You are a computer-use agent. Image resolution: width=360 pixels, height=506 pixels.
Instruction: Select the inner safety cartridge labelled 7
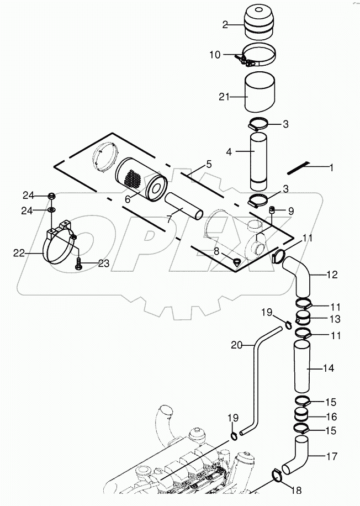coord(184,207)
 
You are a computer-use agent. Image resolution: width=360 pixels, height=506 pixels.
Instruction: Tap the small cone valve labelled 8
coord(237,261)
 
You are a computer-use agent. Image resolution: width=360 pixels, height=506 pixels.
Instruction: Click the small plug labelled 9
coord(272,209)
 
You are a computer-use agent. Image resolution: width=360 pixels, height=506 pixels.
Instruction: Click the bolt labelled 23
coord(78,264)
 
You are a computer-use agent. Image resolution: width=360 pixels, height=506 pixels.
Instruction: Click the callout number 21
coord(224,97)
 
